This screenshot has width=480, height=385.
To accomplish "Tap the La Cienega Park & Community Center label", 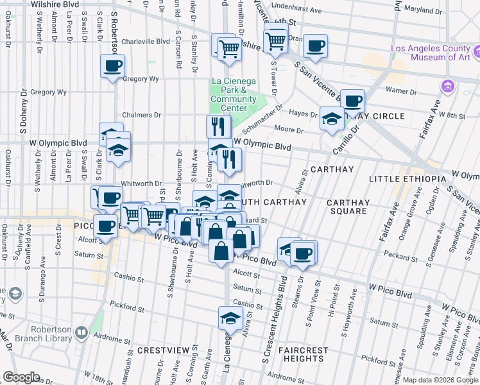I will pyautogui.click(x=233, y=94).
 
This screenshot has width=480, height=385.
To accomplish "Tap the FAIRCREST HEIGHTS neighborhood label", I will pyautogui.click(x=303, y=355).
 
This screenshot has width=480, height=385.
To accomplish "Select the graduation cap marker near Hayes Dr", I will pyautogui.click(x=331, y=119).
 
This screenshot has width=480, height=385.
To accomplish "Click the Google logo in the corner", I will pyautogui.click(x=21, y=377).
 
